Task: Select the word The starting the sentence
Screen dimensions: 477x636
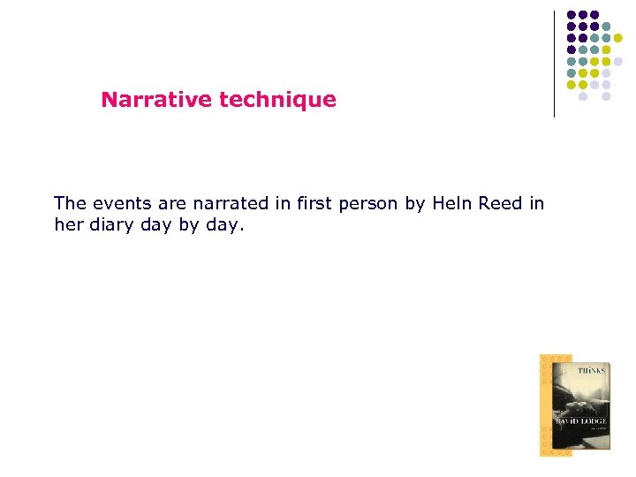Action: point(70,204)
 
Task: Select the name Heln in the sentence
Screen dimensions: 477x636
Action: point(453,204)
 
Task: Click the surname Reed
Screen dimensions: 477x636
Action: point(501,204)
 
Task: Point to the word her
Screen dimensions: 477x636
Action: point(67,225)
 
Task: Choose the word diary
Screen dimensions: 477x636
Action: point(112,225)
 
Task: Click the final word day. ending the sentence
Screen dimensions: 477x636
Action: point(223,225)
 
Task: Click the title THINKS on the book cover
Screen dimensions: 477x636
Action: point(591,371)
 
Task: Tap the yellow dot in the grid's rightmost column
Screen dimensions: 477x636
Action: point(618,37)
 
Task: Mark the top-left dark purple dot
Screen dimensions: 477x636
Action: point(571,15)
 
